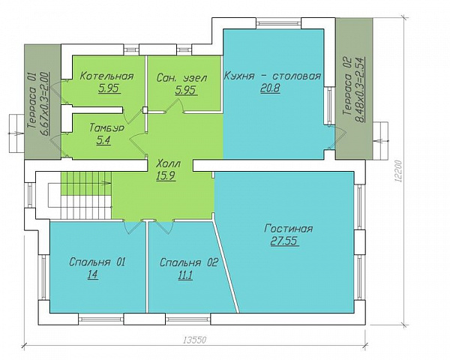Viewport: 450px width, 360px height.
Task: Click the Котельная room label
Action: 106,76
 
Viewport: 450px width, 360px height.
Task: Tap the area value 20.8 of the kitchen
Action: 270,88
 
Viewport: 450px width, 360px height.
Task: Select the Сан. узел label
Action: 181,78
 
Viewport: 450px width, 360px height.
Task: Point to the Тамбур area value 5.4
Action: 104,141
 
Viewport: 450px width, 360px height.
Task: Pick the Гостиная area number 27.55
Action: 284,241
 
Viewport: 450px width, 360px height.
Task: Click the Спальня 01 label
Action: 97,262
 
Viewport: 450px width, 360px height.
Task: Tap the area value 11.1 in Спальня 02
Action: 185,275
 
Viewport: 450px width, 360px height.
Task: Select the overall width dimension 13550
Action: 195,340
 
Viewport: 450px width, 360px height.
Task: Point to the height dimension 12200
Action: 398,171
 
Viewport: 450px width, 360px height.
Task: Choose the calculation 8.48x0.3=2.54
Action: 361,89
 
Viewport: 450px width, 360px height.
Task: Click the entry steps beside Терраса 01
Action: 16,133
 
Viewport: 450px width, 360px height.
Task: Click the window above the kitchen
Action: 278,23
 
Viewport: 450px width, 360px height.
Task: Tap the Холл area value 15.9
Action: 166,175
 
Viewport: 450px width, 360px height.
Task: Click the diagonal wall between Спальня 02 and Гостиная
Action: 226,266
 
